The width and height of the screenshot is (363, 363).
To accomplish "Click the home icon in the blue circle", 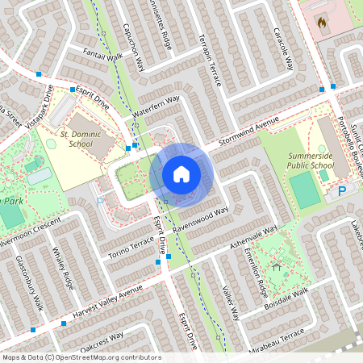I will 181,173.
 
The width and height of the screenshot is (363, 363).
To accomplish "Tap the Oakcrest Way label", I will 102,338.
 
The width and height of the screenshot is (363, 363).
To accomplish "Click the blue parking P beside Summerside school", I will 341,191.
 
